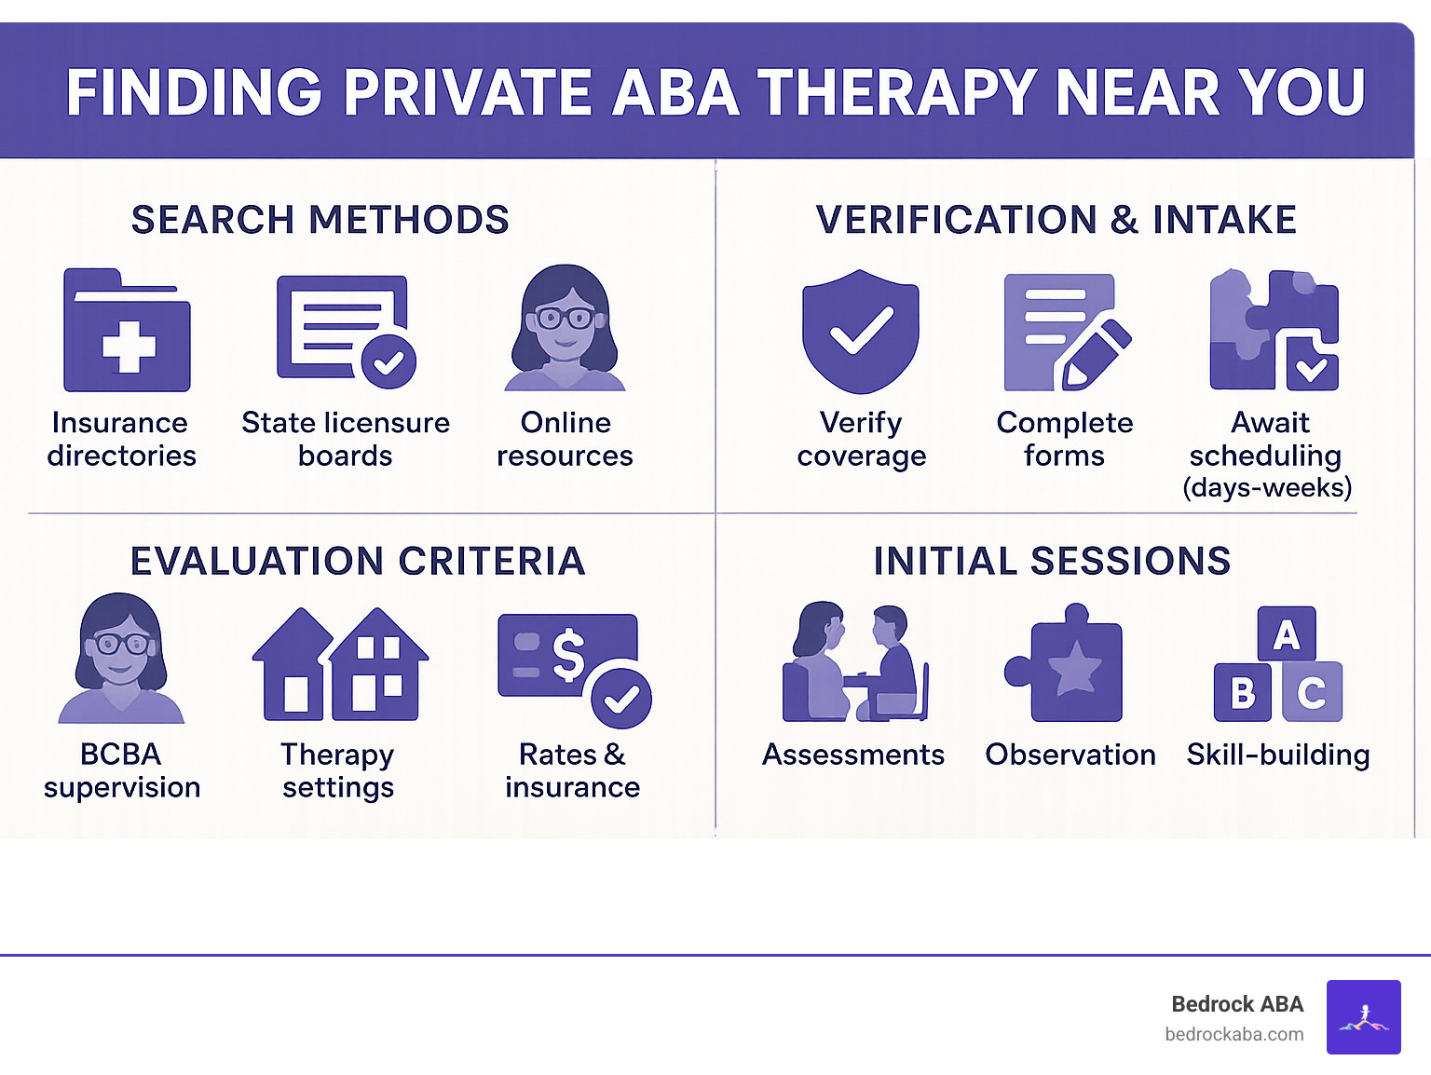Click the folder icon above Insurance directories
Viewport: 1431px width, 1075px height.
coord(127,332)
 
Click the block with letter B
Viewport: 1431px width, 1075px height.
coord(1242,692)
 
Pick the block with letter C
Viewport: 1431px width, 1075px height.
coord(1312,692)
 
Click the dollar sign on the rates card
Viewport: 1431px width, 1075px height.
coord(568,654)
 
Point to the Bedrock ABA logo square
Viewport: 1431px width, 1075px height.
coord(1363,1016)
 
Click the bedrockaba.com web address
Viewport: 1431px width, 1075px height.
coord(1233,1034)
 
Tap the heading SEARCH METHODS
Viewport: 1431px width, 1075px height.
coord(320,220)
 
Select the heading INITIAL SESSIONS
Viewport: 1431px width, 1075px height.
coord(1052,561)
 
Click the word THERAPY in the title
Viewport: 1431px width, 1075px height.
coord(897,92)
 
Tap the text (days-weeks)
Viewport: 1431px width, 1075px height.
coord(1267,487)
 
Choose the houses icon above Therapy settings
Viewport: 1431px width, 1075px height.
coord(340,665)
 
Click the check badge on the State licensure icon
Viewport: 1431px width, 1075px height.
coord(388,361)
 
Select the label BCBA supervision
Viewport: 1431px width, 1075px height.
coord(121,770)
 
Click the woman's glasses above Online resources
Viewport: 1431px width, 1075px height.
coord(565,318)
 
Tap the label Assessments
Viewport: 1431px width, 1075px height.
coord(852,755)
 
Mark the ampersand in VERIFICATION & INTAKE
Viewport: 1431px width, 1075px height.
coord(1124,220)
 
